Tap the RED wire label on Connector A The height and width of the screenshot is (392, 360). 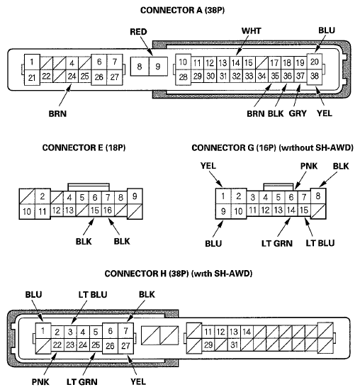(139, 32)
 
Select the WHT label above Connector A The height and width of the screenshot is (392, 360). (251, 32)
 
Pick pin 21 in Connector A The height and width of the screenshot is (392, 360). (32, 77)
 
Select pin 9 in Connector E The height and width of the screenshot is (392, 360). (135, 196)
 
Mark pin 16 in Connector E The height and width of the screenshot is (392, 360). (108, 210)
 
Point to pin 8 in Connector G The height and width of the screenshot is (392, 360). (321, 196)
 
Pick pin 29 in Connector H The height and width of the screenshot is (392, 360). (208, 345)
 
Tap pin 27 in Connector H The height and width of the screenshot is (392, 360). (125, 345)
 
